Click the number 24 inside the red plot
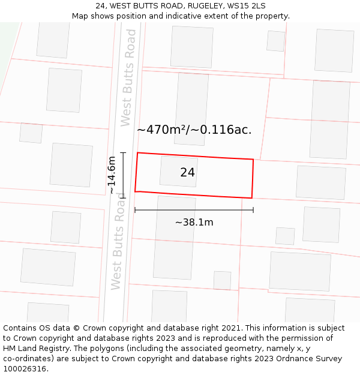[x=187, y=173]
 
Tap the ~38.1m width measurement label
[x=194, y=222]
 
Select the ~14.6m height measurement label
[x=112, y=175]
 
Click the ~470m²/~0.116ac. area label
[x=194, y=129]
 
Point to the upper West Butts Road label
[x=128, y=87]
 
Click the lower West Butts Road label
[x=118, y=246]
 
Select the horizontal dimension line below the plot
[x=194, y=210]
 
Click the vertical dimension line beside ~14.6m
[x=123, y=175]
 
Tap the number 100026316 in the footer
[x=23, y=368]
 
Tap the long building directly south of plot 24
[x=175, y=238]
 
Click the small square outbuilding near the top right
[x=276, y=41]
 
